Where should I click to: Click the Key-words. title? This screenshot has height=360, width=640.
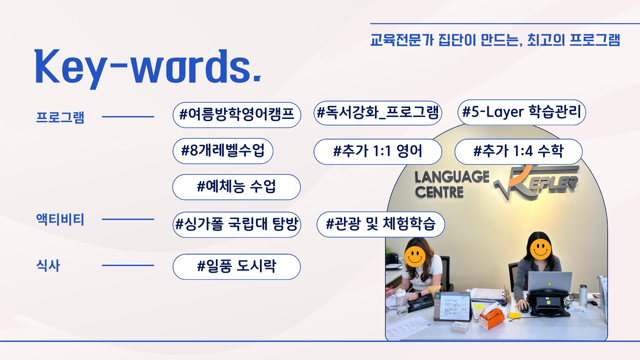coord(148,68)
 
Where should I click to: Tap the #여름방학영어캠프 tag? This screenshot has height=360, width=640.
coord(237,115)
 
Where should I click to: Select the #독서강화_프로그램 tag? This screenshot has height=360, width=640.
coord(378,113)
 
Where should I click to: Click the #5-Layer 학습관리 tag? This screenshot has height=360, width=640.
coord(522,112)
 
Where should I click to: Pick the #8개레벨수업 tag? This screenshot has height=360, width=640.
coord(223,151)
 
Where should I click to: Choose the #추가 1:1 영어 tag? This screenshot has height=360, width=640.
coord(378,152)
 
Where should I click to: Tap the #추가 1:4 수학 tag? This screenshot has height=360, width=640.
coord(518,152)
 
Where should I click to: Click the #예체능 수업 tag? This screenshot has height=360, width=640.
coord(236,187)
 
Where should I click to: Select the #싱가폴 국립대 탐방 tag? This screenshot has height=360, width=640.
coord(237,225)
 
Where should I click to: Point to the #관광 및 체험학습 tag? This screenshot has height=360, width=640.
coord(381,224)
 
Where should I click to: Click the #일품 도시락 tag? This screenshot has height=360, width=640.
coord(236,267)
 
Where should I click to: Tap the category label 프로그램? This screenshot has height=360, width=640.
coord(60,117)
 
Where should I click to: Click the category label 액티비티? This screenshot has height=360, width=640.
coord(60,219)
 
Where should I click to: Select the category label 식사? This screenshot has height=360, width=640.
coord(48,266)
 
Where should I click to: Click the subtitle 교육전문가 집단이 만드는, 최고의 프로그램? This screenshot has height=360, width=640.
coord(495,40)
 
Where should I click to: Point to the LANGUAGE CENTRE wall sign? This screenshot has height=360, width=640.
coord(452,184)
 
